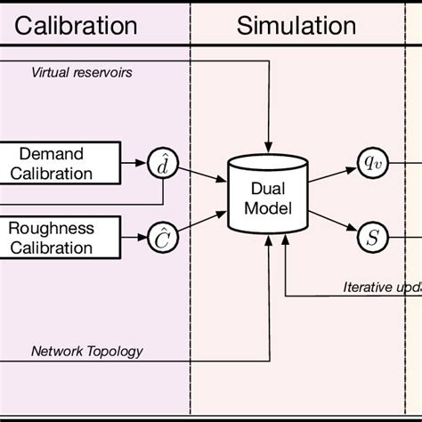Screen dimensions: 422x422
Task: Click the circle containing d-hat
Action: click(163, 163)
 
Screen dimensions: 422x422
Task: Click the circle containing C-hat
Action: click(163, 237)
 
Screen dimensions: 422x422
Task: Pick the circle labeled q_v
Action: click(372, 161)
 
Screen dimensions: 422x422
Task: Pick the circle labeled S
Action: click(372, 237)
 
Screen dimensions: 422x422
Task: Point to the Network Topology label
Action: click(86, 351)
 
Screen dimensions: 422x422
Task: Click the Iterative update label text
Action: click(382, 287)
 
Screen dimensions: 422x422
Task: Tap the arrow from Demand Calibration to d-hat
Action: click(135, 163)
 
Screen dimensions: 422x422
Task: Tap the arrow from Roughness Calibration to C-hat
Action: click(135, 237)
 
